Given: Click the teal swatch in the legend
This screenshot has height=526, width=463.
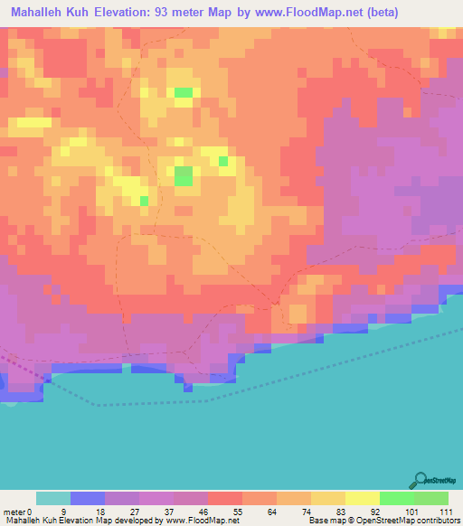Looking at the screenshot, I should (53, 498).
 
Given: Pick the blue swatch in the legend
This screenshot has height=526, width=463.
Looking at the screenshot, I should (88, 498).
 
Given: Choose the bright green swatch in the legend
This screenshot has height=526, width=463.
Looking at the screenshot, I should (397, 498).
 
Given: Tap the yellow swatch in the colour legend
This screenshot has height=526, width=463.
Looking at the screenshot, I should (363, 498).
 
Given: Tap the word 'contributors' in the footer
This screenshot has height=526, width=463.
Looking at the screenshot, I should (435, 521).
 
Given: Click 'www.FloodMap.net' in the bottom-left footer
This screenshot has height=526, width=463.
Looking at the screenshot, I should (202, 521).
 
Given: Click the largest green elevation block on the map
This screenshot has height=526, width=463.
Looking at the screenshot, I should (184, 175).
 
